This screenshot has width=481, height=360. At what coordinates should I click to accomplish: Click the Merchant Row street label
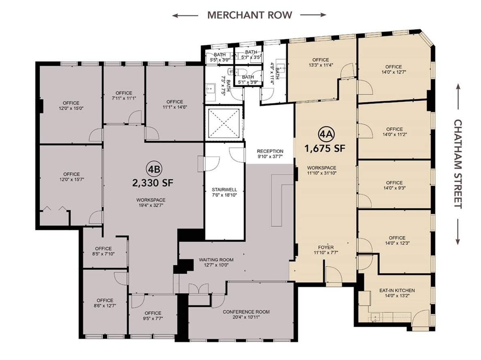pos(250,15)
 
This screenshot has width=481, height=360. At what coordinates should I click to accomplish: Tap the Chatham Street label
pos(457,164)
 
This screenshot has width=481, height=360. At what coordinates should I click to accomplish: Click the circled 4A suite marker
pos(325,134)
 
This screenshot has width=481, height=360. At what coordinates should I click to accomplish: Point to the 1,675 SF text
pos(325,149)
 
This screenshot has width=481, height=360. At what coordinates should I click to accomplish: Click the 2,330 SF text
pos(153,183)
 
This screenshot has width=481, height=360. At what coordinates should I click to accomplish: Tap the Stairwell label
pos(224,190)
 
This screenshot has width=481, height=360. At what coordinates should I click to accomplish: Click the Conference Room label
pos(246,312)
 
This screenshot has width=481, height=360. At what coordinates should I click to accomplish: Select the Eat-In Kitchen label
pos(397,290)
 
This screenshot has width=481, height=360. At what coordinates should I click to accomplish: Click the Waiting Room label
pos(216,260)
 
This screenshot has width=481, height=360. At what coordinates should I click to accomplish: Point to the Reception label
pos(270,151)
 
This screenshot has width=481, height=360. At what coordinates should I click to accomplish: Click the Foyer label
pos(326,247)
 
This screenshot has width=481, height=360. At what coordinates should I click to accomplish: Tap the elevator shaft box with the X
pos(224,123)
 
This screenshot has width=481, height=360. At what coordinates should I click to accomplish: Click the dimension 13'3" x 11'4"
pos(321,65)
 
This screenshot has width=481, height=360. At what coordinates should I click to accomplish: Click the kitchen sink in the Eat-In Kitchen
pos(374,317)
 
